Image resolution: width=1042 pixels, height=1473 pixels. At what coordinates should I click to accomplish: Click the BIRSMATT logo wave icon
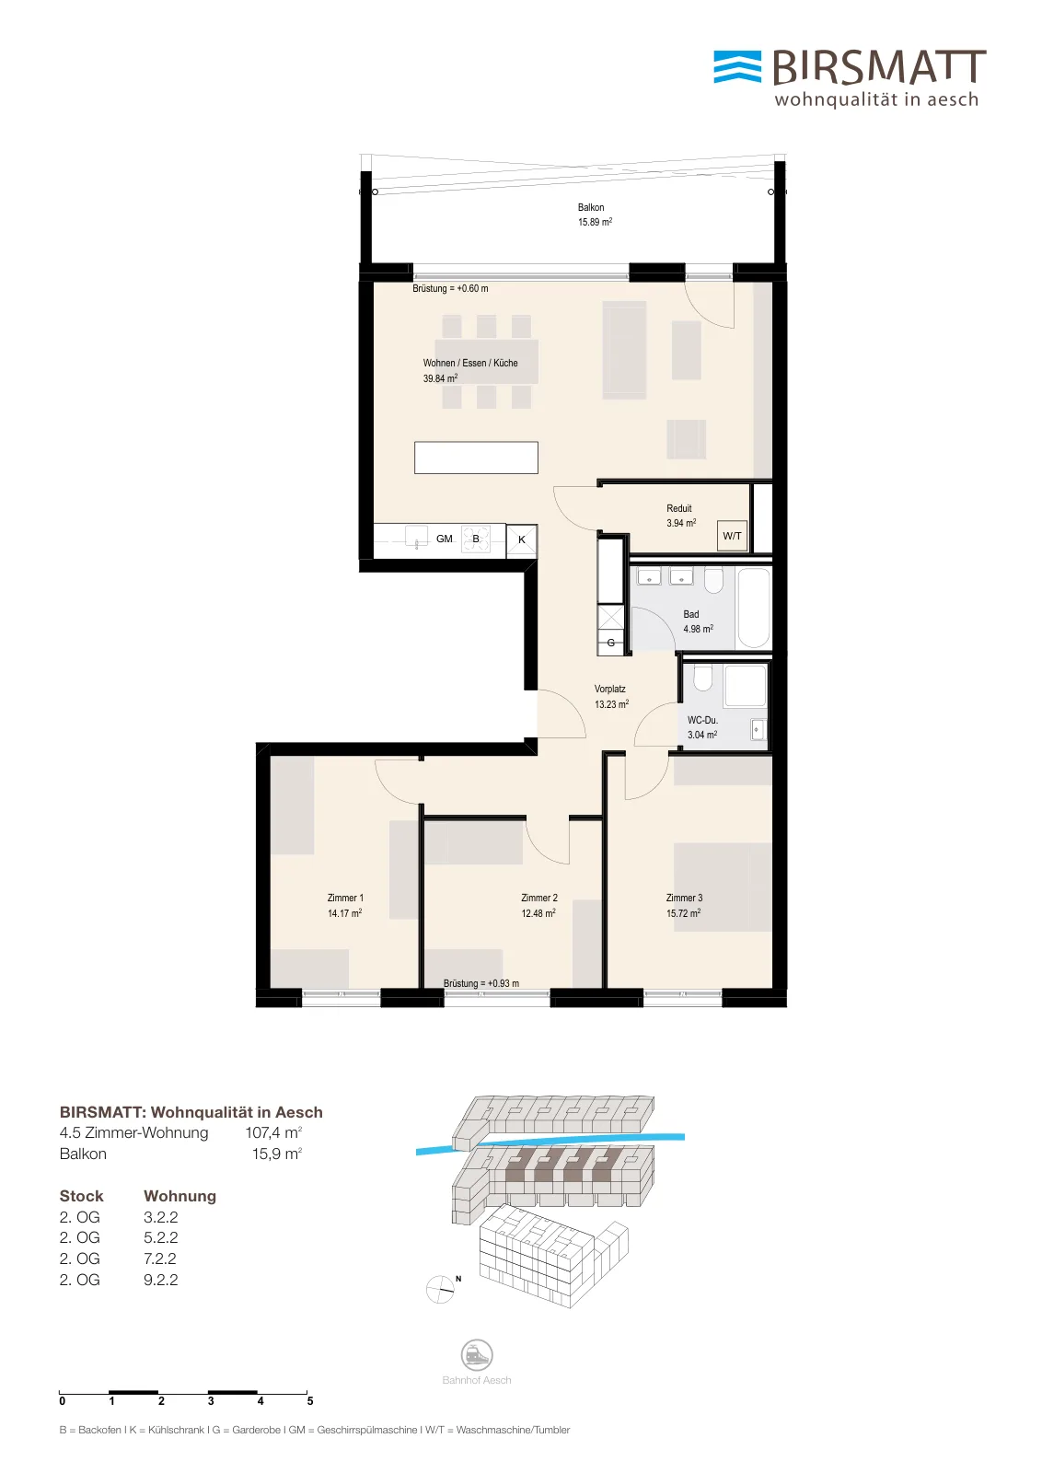coord(737,67)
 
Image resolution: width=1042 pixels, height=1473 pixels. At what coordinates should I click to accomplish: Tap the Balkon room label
coord(591,208)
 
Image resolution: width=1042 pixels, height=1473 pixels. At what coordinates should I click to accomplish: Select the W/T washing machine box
coord(732,536)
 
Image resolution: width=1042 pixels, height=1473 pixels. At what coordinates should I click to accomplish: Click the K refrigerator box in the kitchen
coord(522,540)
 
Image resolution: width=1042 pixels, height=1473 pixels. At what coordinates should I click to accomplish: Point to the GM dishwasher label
coord(445,539)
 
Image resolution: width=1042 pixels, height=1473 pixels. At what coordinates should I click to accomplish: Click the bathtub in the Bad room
coord(753,609)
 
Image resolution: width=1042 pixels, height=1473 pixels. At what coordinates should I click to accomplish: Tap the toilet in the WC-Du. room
coord(702,678)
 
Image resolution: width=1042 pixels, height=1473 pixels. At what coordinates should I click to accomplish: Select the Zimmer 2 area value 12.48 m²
coord(538,912)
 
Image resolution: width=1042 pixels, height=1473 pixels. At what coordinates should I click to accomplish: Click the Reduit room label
coord(679,508)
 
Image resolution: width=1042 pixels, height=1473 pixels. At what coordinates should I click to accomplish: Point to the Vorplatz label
coord(610,690)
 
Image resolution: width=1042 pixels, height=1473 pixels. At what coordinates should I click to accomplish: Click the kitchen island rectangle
coord(476,458)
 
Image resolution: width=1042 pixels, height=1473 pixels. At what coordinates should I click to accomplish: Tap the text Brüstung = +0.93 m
coord(481,983)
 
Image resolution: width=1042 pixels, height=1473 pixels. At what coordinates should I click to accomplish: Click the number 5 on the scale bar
coord(310,1400)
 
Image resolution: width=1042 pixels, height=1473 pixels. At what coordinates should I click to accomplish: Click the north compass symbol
coord(440,1290)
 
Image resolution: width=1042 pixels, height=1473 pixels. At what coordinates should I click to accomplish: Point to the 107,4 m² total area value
coord(273,1132)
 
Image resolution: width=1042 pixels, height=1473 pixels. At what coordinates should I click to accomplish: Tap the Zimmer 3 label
coord(684,898)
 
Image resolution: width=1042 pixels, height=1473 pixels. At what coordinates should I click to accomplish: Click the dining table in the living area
coord(487,362)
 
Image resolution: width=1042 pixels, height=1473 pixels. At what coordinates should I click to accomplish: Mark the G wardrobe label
coord(611,643)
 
